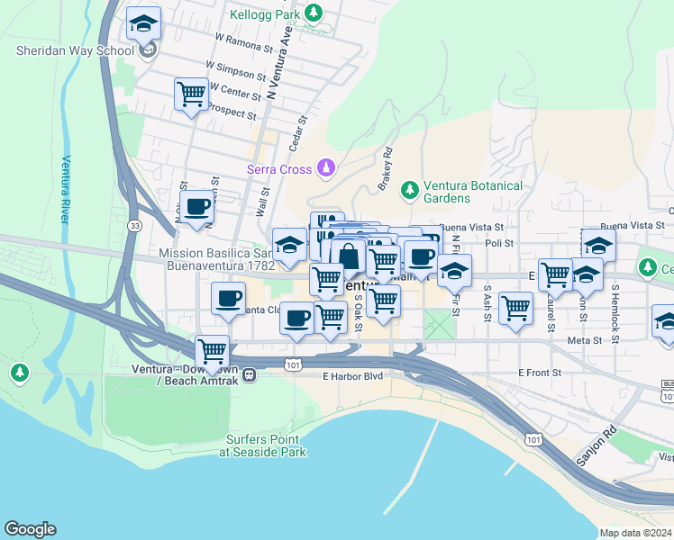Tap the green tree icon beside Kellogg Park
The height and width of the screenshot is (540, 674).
313,13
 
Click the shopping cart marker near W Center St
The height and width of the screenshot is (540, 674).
190,94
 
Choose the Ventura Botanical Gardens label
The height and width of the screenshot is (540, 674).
474,192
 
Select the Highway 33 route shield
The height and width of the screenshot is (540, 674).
134,224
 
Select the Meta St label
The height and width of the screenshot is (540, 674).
584,341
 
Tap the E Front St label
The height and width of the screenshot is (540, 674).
539,372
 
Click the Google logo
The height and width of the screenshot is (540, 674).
30,529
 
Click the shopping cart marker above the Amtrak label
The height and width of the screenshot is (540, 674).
212,352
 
